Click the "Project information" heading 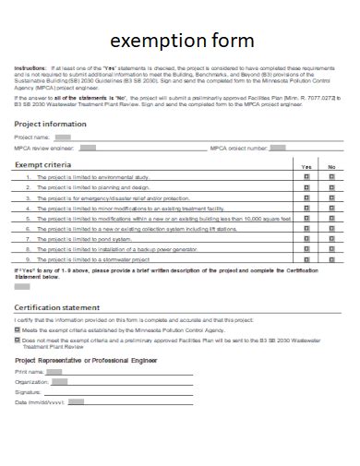pos(51,123)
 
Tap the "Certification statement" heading pos(57,306)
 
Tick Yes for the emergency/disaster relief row pos(306,197)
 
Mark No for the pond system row pos(331,237)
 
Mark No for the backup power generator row pos(331,249)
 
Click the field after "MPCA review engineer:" pos(87,147)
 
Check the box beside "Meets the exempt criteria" pos(18,329)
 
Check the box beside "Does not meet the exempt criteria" pos(18,340)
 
